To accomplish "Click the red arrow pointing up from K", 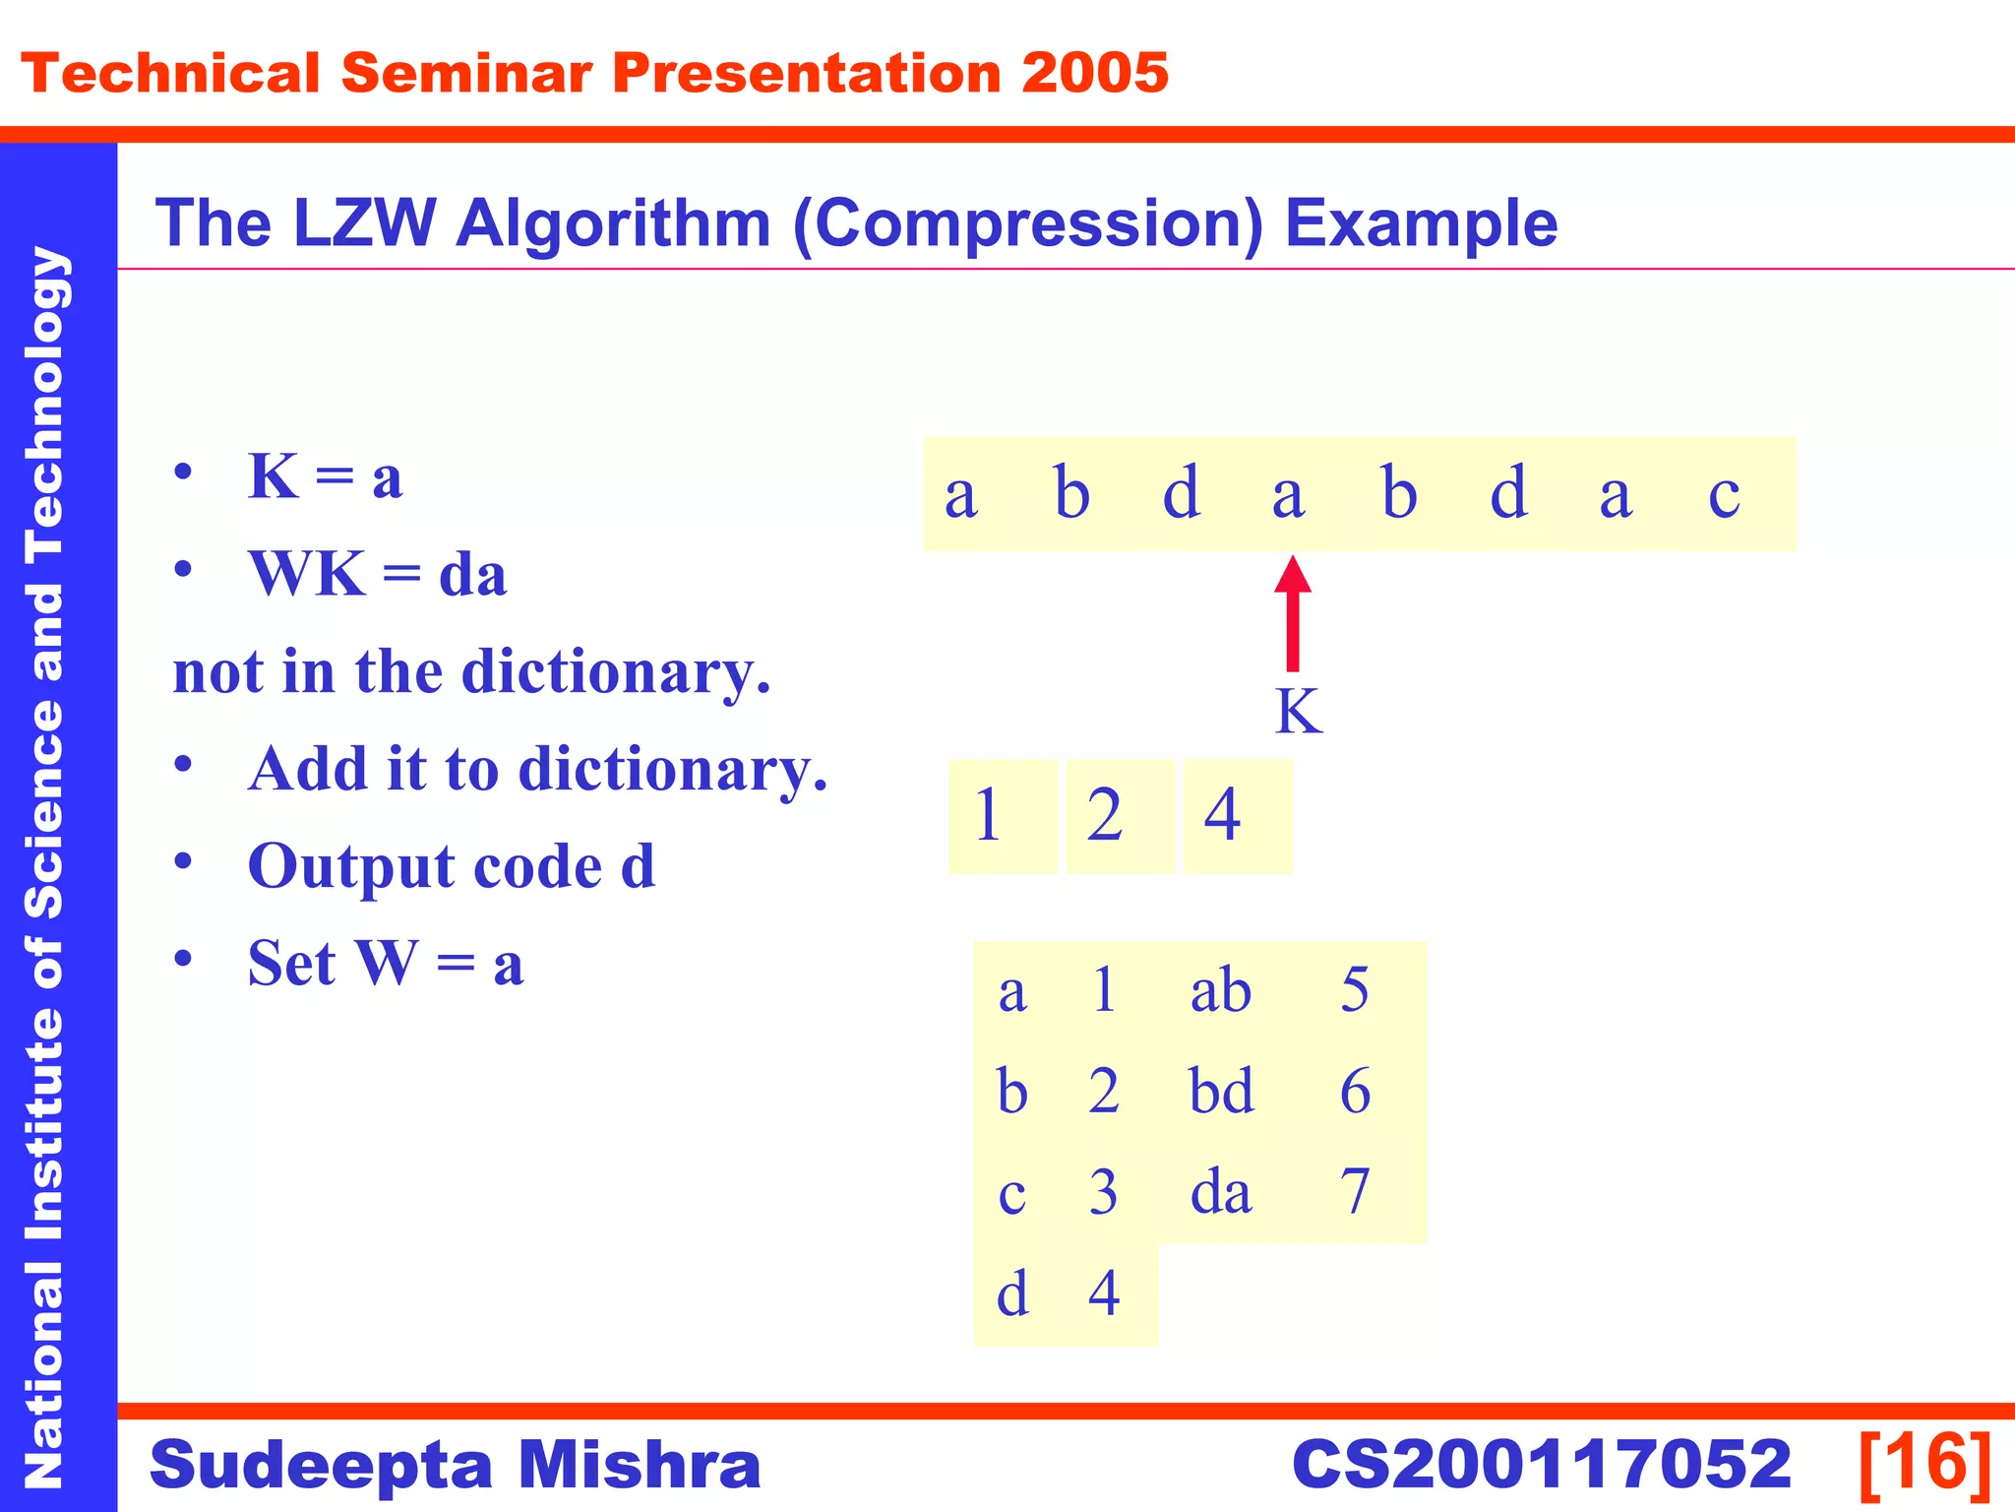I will click(1293, 614).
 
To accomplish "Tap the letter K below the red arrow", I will click(1298, 711).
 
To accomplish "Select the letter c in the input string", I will click(1724, 494).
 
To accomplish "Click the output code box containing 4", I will click(1238, 816).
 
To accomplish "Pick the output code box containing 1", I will click(1002, 816).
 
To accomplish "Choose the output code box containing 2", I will click(1120, 816).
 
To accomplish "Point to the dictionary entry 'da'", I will click(1221, 1192).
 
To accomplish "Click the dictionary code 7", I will click(1355, 1192).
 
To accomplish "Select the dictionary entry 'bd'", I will click(1221, 1091).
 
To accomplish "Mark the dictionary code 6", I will click(1355, 1091).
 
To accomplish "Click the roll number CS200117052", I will click(1542, 1465).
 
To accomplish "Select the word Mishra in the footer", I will click(639, 1465).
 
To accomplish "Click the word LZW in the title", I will click(364, 223).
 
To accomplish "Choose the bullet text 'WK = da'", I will click(377, 574).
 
